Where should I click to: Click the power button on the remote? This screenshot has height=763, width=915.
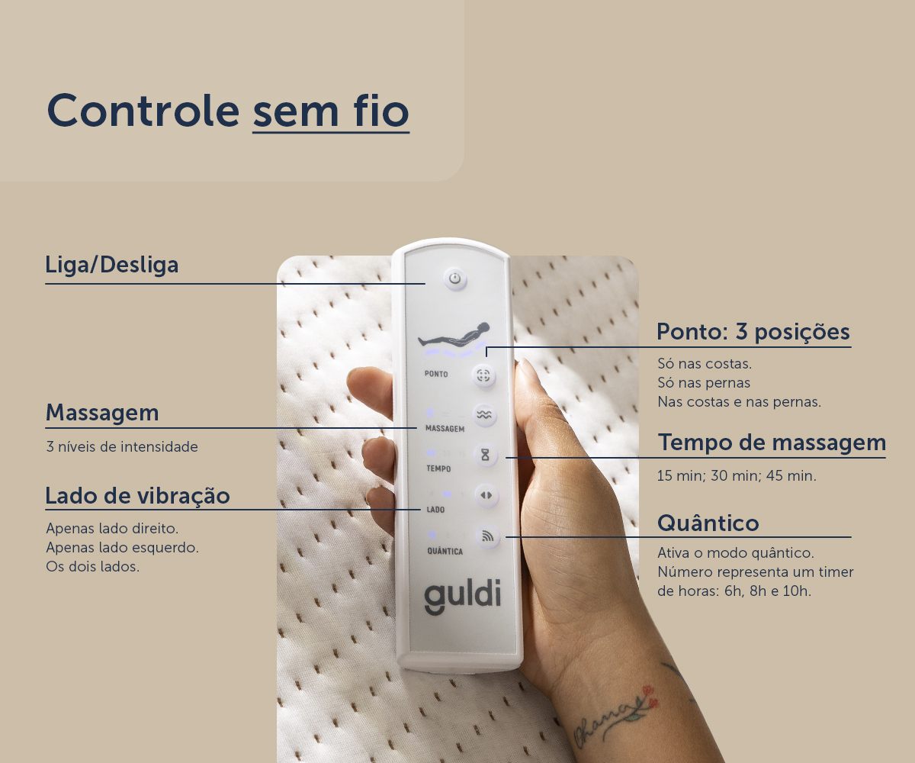[455, 279]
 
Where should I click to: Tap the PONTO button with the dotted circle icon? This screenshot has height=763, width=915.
[483, 375]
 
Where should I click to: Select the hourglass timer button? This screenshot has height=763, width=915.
[485, 455]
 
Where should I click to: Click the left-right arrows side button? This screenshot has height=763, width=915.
[486, 495]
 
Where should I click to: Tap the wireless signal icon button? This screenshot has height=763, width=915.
[487, 536]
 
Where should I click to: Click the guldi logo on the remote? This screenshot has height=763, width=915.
[462, 596]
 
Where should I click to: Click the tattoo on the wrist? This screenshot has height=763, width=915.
[615, 716]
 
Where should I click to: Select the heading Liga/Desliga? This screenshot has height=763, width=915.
[112, 265]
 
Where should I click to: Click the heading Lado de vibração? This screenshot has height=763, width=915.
[137, 496]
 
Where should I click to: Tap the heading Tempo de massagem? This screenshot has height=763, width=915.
[772, 442]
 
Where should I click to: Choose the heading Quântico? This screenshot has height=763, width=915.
[708, 523]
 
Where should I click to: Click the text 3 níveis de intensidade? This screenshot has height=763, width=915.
[122, 447]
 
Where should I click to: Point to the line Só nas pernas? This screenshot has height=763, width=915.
[704, 383]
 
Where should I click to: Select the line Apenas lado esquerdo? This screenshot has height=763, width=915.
[122, 547]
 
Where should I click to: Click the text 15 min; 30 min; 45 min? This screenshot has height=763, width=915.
[737, 476]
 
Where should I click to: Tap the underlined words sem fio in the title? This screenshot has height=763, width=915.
[331, 111]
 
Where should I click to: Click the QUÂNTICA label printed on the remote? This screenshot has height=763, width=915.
[445, 551]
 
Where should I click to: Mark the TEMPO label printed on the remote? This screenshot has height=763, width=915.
[438, 468]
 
